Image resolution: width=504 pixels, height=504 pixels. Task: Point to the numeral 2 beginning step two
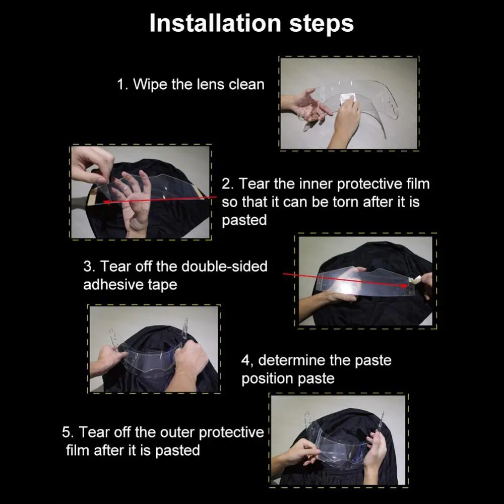tap(226, 184)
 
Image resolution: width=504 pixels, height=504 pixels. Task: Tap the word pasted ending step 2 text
tap(244, 220)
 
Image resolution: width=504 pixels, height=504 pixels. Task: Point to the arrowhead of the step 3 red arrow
tap(409, 286)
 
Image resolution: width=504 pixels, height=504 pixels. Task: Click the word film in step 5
tap(78, 450)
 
